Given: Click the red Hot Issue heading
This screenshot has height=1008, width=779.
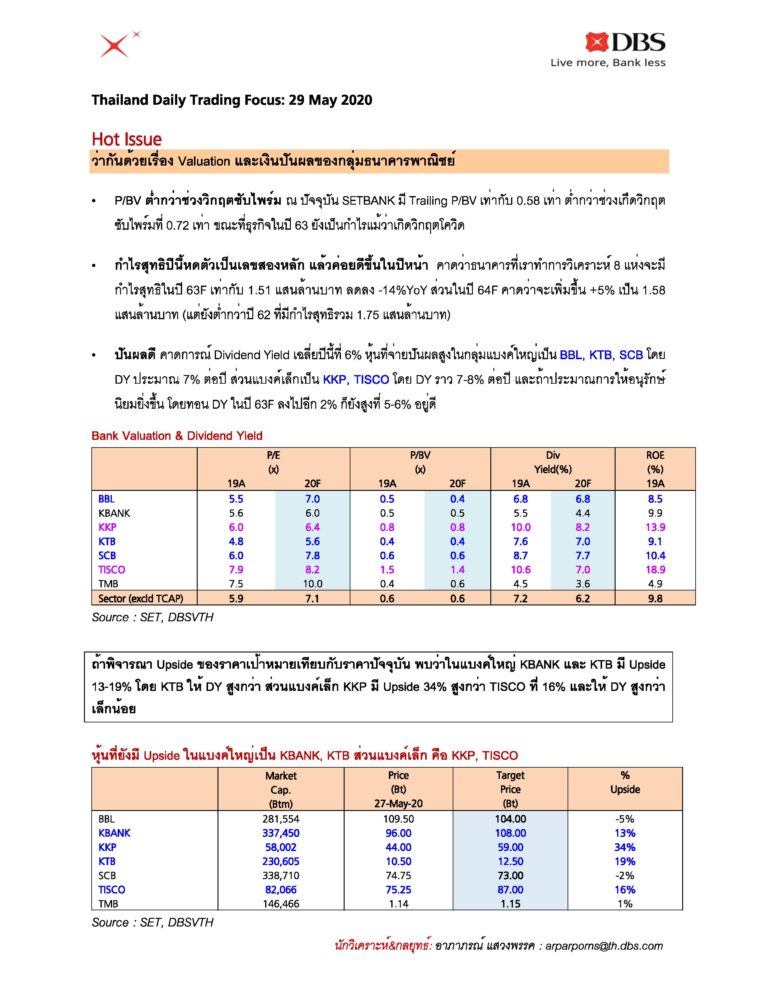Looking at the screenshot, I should click(126, 139).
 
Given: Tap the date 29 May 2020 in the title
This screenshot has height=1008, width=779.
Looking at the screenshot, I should click(331, 100).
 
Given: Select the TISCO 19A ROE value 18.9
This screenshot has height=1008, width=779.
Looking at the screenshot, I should click(655, 570).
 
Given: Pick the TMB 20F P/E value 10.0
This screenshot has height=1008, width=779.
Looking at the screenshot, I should click(313, 584).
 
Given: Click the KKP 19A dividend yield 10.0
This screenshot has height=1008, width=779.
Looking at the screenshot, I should click(521, 527).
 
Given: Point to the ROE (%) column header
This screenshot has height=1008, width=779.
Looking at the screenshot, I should click(655, 462).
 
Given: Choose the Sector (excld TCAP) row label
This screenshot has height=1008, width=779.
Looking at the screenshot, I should click(141, 599).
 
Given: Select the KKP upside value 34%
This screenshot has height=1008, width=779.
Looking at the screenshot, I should click(625, 847).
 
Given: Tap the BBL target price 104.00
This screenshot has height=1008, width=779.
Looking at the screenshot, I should click(510, 819).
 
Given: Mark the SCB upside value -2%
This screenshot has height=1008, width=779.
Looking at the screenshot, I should click(625, 875).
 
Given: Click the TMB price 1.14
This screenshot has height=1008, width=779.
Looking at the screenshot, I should click(398, 904).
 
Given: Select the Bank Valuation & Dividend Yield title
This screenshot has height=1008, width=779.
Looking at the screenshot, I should click(177, 436).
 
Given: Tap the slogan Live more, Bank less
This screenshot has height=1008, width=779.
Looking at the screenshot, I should click(608, 63).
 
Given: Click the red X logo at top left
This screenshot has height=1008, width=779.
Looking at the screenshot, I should click(117, 45).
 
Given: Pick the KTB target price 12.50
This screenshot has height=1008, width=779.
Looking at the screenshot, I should click(510, 861).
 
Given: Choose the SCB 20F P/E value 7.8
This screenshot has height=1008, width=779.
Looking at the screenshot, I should click(313, 556).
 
